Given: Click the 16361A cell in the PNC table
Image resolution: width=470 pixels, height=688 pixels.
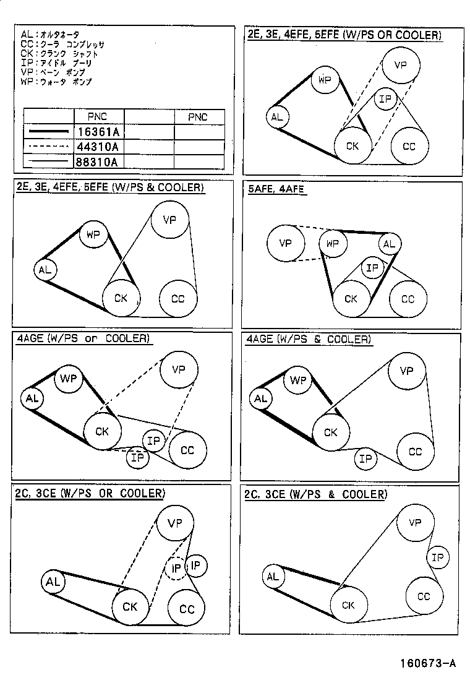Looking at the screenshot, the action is pos(98,131).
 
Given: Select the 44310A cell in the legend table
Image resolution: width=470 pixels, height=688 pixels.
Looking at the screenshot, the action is pos(98,147).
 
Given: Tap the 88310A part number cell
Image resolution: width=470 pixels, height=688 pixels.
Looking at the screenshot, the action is pos(98,161).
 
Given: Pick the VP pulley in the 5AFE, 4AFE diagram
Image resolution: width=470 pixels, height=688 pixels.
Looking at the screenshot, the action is pos(285,244).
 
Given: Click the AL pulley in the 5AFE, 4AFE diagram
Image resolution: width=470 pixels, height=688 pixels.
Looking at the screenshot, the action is pos(388,244).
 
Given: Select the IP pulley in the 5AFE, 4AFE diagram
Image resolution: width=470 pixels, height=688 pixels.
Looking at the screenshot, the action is pos(372,268).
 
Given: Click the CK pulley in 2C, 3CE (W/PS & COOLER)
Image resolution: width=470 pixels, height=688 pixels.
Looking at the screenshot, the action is pos(349,605).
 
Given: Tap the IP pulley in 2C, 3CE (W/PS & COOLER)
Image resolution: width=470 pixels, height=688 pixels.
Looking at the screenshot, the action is pos(438,558).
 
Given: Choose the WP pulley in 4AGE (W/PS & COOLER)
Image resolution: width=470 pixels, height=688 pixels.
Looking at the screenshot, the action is pos(299,381).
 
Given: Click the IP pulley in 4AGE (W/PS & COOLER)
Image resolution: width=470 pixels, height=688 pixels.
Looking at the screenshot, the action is pos(366,458).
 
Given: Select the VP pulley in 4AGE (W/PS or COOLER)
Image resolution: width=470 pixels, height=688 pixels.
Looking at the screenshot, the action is pos(179,370).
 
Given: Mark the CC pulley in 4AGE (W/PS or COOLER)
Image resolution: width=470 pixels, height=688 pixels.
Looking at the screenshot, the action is pos(187,450).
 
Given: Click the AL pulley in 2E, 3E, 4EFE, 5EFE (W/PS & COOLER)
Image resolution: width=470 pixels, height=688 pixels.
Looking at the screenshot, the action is pos(45,270).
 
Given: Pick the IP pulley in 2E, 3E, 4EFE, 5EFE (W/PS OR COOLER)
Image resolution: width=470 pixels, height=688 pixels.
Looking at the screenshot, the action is pos(386,99).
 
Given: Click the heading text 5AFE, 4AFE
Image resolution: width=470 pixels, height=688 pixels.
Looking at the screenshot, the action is pos(276,189).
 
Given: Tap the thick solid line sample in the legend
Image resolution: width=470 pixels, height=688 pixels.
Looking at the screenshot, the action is pos(47,132).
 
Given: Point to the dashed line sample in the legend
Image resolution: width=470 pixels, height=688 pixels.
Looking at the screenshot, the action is pos(47,147).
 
